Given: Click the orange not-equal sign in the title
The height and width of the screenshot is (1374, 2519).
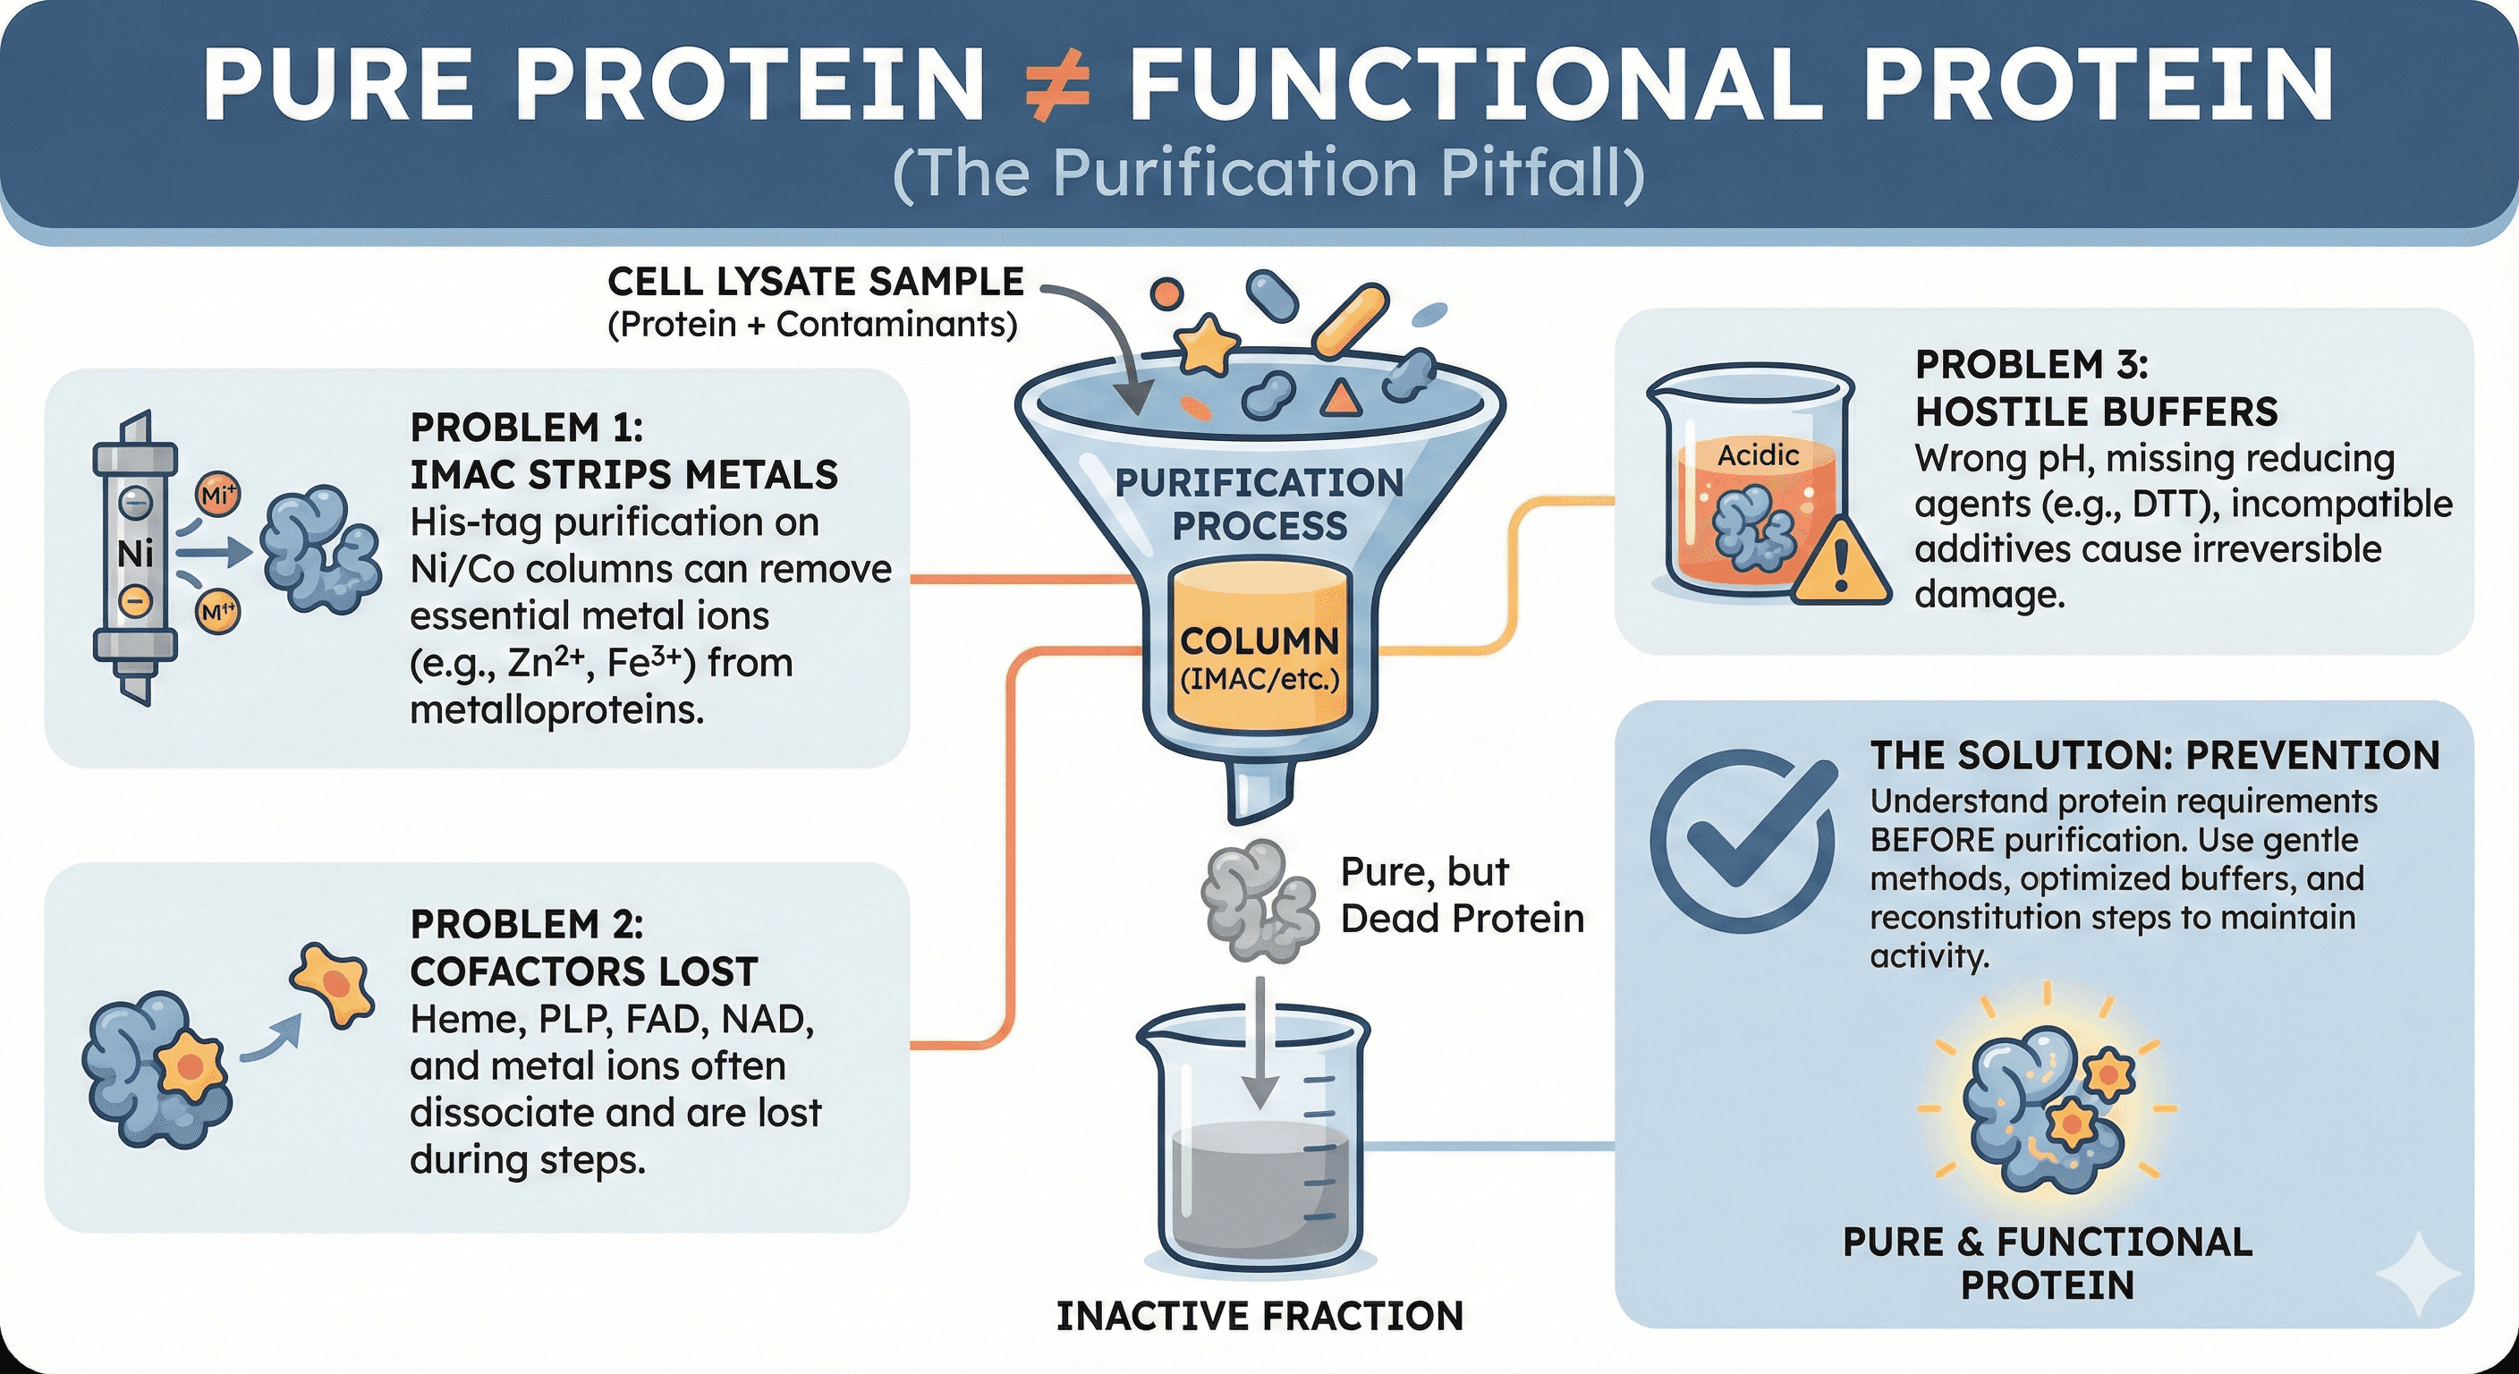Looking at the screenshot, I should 1056,87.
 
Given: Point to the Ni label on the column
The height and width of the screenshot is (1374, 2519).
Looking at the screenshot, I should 135,554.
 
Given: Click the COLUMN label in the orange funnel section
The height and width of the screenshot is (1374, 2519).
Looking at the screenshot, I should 1259,641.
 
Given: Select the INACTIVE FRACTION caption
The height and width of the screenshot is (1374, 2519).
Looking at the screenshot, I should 1259,1316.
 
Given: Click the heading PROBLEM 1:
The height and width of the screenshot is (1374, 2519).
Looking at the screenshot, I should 526,428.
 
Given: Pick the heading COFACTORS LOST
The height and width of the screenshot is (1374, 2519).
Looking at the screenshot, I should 584,971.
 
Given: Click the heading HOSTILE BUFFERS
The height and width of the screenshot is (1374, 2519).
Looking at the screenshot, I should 2096,411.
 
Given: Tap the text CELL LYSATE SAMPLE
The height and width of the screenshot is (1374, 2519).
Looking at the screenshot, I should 815,282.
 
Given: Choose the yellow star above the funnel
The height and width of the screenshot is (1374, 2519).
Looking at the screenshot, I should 1206,344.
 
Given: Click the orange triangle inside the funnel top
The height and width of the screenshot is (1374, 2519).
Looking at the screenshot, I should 1341,395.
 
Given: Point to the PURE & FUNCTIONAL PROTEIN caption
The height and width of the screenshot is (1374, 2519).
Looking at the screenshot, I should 2048,1262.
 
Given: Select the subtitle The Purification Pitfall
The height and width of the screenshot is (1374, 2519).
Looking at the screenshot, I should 1268,174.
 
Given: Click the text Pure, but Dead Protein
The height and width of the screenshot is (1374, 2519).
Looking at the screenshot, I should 1461,895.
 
